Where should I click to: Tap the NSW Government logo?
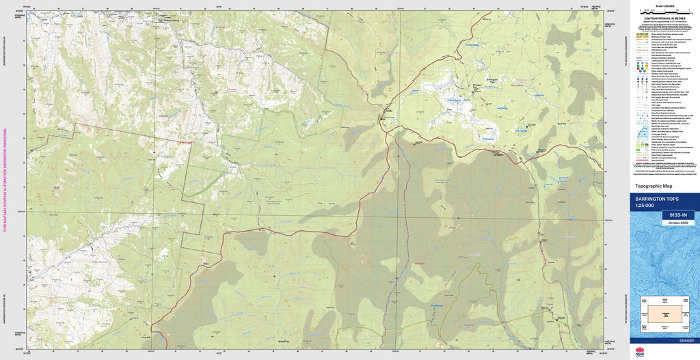pyautogui.click(x=640, y=351)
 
